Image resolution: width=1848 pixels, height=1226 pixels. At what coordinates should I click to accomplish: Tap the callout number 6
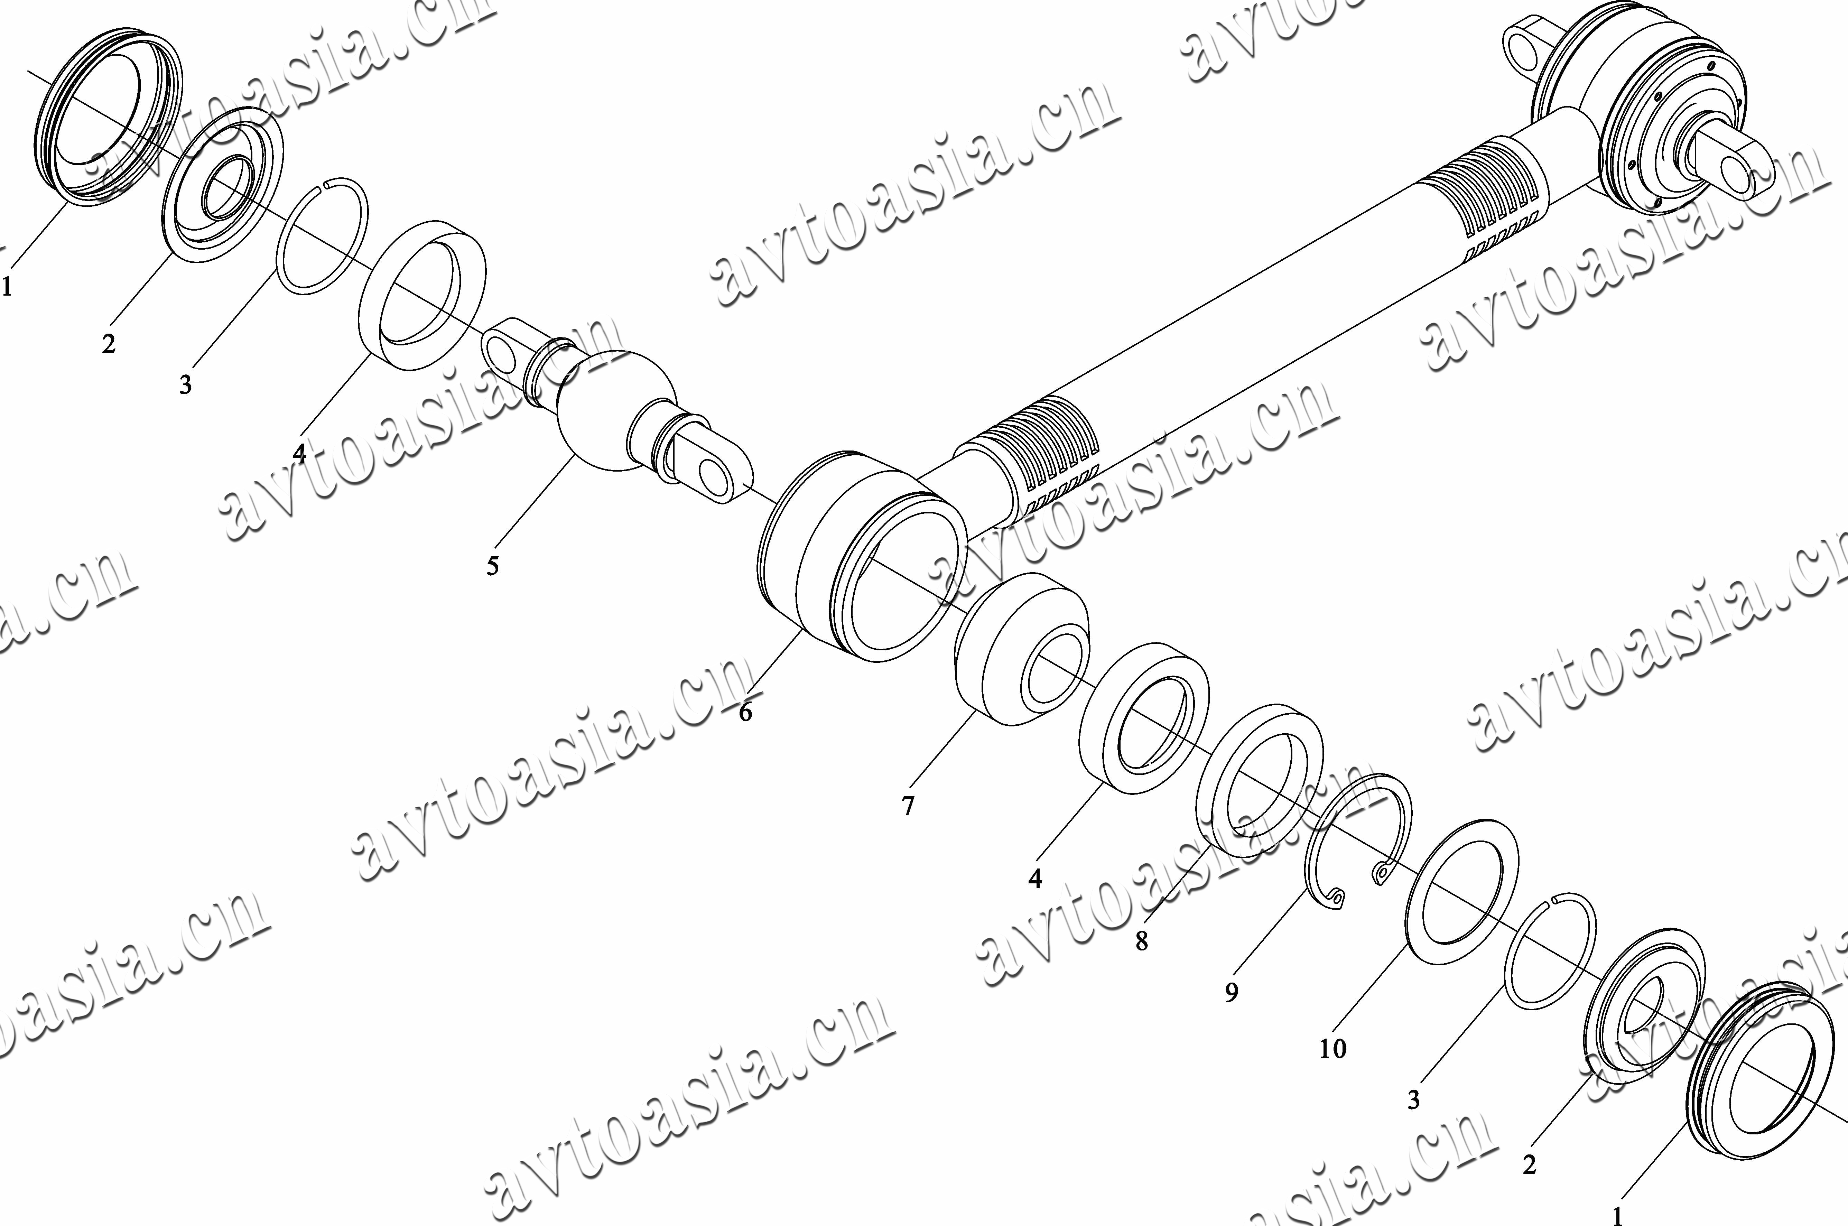tap(745, 712)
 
